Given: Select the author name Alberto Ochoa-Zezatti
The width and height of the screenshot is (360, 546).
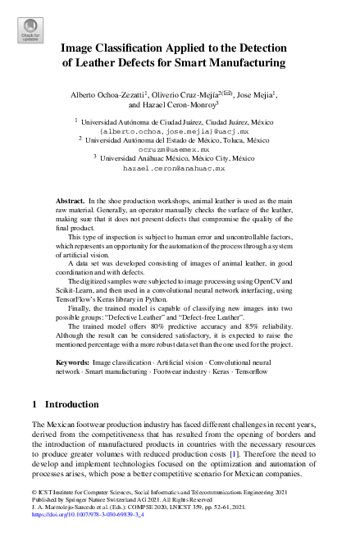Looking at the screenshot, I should tap(107, 94).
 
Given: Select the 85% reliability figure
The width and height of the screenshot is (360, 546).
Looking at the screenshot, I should tap(253, 327).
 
